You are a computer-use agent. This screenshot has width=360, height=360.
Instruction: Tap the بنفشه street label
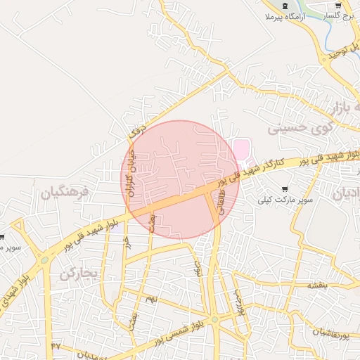pos(317,285)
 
